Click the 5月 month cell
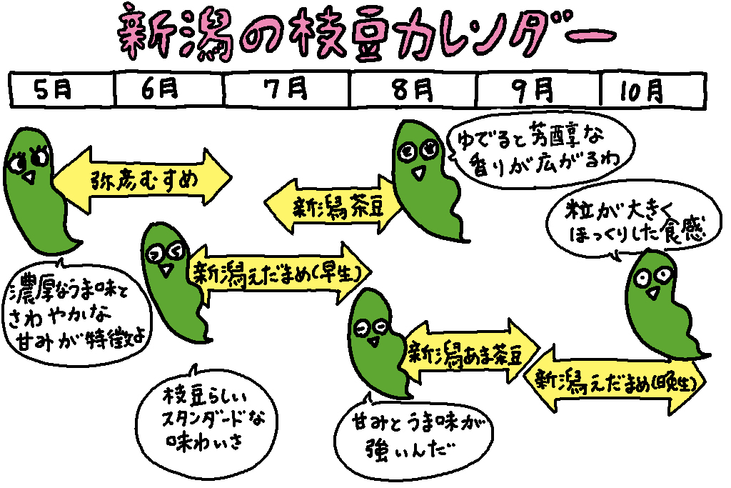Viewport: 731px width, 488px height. [61, 89]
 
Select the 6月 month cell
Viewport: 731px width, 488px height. [168, 89]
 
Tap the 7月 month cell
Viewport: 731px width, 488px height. [286, 89]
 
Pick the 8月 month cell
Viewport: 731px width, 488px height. [413, 89]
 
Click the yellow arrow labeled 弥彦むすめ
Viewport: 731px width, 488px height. [143, 179]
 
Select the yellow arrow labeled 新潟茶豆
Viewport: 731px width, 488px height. [328, 208]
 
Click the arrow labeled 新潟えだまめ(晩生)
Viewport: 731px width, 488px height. [615, 379]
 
